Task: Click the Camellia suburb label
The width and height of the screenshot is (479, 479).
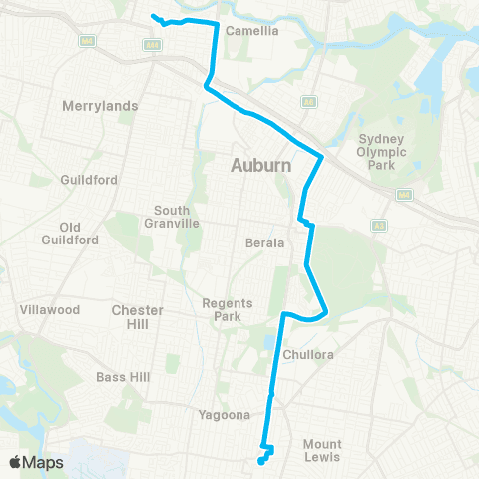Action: coord(253,30)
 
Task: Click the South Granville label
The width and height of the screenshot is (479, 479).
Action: coord(179,217)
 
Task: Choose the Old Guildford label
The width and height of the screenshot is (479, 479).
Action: coord(70,234)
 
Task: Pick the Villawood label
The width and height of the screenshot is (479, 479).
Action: coord(50,310)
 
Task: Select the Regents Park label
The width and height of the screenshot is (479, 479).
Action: coord(228,309)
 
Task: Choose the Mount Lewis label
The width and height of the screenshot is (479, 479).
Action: coord(322,450)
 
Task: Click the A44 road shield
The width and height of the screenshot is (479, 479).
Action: coord(152,45)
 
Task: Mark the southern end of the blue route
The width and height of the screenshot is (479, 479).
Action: coord(260,462)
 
